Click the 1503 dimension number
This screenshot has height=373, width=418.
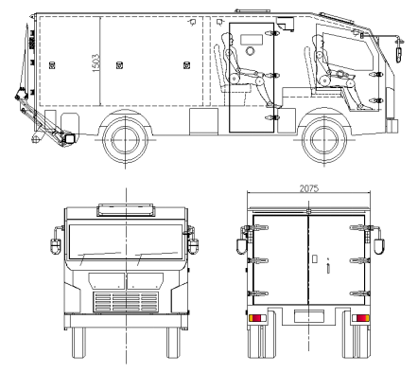click(96, 62)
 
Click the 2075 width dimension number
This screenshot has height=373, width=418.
click(309, 188)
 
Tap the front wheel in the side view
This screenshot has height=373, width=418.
click(324, 140)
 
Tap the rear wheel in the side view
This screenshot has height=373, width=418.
click(125, 140)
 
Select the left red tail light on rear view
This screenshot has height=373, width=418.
click(257, 318)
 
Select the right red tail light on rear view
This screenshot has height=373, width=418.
click(360, 318)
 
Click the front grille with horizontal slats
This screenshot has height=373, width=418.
click(126, 302)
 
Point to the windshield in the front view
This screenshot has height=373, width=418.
click(126, 241)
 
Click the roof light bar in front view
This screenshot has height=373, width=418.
click(126, 210)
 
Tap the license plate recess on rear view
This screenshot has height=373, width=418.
click(309, 316)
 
